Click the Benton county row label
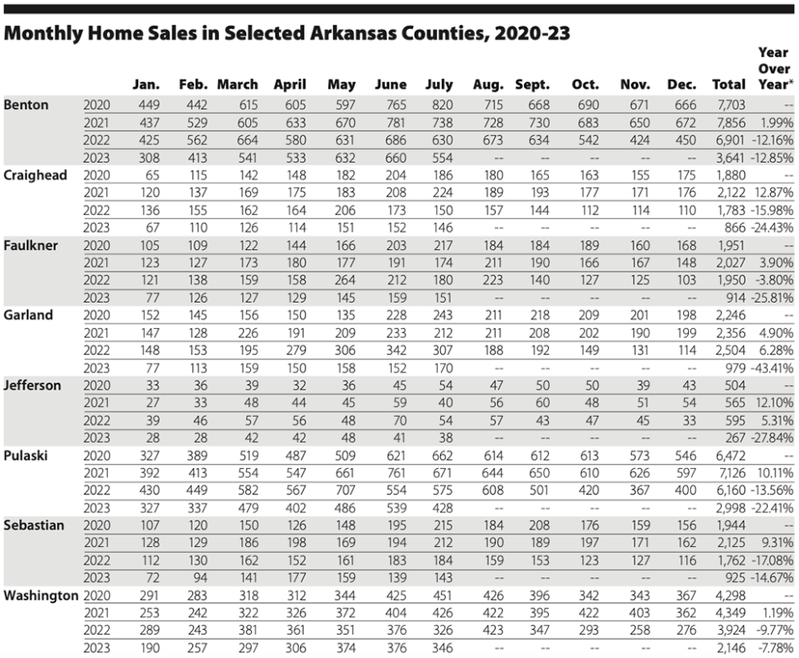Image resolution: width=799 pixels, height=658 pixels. point(26,104)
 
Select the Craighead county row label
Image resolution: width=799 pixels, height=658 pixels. point(36,174)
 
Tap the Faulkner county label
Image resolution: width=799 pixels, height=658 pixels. point(32,244)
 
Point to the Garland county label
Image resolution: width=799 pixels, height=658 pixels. point(30,314)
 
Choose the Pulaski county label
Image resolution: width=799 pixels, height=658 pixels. point(27,454)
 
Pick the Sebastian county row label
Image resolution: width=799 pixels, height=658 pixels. point(35,524)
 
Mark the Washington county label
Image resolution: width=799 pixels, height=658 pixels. point(41,594)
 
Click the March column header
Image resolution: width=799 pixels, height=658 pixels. point(237,84)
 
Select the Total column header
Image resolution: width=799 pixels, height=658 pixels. point(728,84)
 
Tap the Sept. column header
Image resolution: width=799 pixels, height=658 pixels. point(532,84)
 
